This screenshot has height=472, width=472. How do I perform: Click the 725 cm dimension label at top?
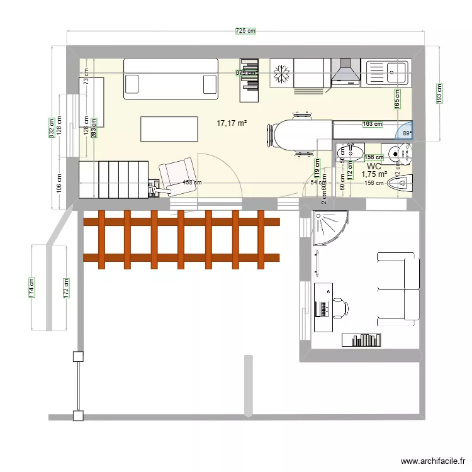[246, 31]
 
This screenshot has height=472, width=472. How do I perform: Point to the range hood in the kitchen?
[345, 71]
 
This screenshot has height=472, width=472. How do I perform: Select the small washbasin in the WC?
[349, 152]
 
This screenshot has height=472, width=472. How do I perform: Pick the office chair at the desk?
[340, 308]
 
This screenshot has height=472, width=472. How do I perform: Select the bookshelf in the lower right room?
[362, 340]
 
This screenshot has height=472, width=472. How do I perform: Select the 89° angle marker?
[407, 133]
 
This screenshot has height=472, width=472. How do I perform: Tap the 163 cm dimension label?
[373, 124]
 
